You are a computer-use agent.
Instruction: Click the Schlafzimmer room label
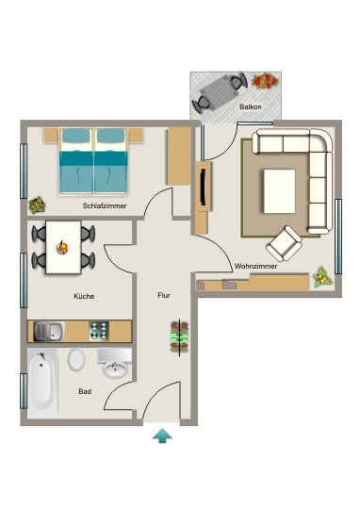105,205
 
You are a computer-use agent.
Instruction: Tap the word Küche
84,296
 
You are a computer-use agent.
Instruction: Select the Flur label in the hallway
164,295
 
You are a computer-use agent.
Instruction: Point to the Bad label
85,391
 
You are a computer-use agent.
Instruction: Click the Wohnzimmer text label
255,266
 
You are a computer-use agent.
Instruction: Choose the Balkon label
251,107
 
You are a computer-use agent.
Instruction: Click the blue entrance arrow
162,435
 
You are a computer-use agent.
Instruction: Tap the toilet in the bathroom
76,360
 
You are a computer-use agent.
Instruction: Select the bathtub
41,382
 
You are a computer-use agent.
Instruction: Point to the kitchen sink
49,332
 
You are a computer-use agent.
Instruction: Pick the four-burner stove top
99,331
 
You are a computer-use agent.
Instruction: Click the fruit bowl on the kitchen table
62,248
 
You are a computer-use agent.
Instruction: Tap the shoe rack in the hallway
179,337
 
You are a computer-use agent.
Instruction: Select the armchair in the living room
284,244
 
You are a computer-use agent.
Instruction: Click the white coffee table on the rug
280,191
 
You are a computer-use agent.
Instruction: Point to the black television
204,187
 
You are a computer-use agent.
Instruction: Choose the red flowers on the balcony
265,80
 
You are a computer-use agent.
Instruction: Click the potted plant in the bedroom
37,205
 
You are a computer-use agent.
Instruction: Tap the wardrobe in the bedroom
179,156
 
